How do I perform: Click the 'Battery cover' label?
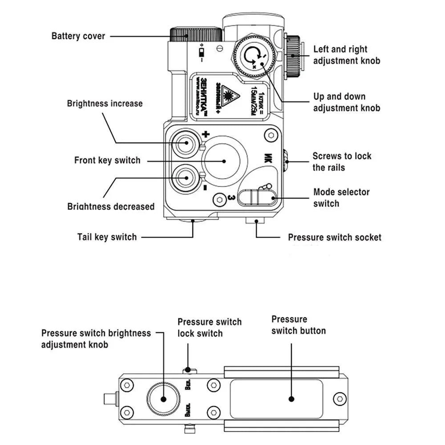[x=78, y=36]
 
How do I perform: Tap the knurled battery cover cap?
[x=196, y=34]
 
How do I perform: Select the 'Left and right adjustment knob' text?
[x=347, y=55]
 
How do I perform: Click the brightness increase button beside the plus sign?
[x=184, y=143]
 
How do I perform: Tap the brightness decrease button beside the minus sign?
[x=184, y=178]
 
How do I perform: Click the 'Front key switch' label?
[x=107, y=160]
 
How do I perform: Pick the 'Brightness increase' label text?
[x=105, y=104]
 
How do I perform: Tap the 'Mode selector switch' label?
[x=341, y=198]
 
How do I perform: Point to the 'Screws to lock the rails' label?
[x=341, y=162]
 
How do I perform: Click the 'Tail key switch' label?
[x=107, y=237]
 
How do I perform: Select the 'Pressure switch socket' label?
[x=334, y=237]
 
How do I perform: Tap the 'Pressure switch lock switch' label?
[x=210, y=327]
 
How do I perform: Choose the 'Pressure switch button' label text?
[x=298, y=325]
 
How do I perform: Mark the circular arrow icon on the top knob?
[x=253, y=55]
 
